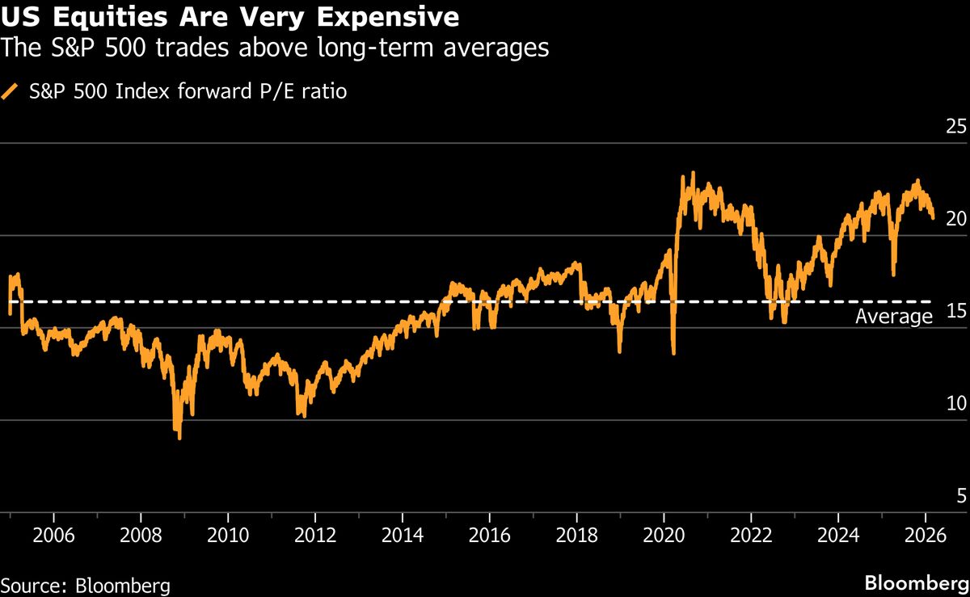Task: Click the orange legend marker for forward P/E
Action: pos(11,92)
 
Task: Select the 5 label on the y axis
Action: pos(960,495)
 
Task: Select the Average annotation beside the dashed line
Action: pos(893,317)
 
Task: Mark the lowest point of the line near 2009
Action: pos(179,438)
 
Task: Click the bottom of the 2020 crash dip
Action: pos(673,353)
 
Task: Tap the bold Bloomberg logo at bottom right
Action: pos(916,583)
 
